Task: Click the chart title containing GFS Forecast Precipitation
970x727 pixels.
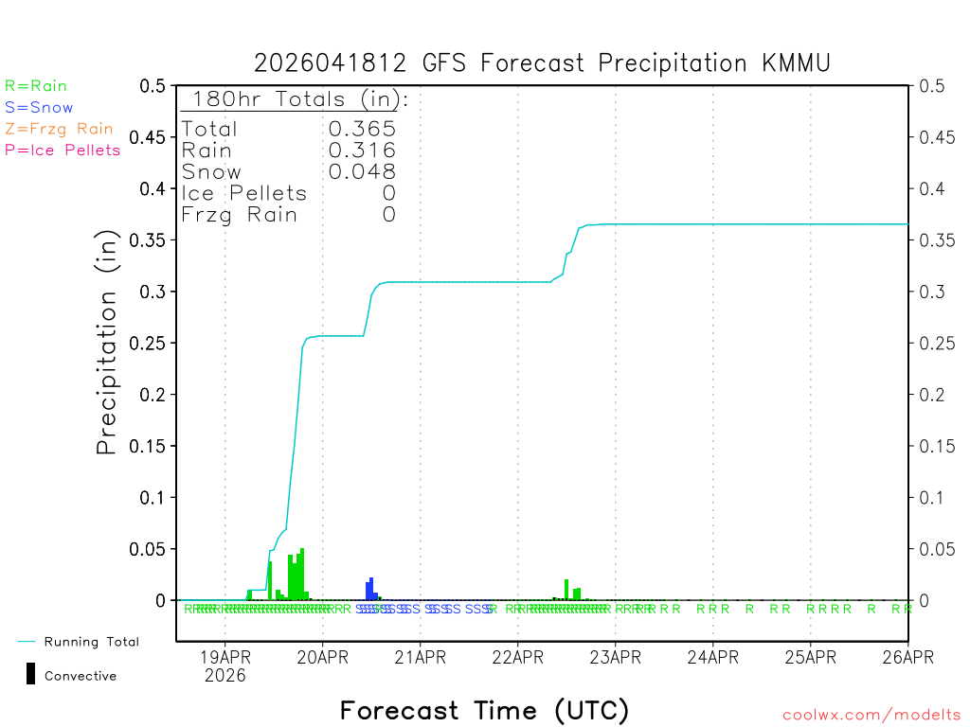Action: pos(542,63)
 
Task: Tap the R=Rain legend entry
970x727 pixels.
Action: pos(36,86)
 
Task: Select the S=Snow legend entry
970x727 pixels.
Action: pos(39,108)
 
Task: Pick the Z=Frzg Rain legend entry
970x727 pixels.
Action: pos(59,129)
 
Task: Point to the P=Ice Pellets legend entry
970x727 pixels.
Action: pos(63,150)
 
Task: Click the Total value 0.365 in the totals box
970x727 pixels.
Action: pos(362,129)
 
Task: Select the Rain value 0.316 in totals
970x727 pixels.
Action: pos(362,151)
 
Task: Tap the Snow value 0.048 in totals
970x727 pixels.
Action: pos(362,171)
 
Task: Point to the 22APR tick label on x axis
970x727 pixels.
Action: pos(517,655)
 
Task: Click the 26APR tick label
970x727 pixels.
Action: pos(907,655)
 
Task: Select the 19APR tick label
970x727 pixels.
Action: pos(225,655)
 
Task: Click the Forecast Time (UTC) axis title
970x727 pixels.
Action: pos(484,710)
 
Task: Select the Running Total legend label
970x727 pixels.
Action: pos(91,642)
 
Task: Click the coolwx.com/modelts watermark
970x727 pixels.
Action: pos(871,716)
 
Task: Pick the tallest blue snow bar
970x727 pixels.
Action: pos(371,589)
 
